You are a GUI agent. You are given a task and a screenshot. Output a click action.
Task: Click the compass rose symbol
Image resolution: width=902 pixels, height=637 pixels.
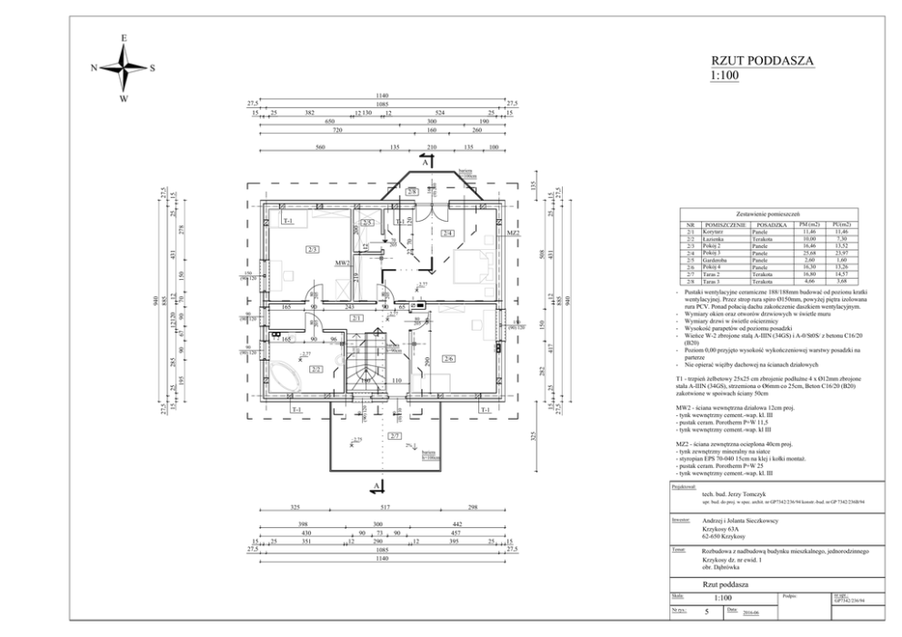[125, 66]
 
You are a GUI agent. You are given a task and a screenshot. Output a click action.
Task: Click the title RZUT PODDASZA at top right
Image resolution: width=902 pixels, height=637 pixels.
[761, 61]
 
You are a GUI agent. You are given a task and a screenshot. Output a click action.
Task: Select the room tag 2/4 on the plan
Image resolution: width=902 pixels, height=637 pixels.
[447, 234]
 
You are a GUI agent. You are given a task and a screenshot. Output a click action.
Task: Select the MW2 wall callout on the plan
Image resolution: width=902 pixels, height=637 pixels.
[342, 264]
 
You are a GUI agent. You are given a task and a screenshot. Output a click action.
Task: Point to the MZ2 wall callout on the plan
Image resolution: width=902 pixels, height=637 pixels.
[512, 234]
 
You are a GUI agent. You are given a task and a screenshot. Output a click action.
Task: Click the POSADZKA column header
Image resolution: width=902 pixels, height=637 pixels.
[769, 224]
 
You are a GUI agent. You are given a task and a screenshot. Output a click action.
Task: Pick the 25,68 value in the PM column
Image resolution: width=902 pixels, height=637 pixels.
[804, 252]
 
